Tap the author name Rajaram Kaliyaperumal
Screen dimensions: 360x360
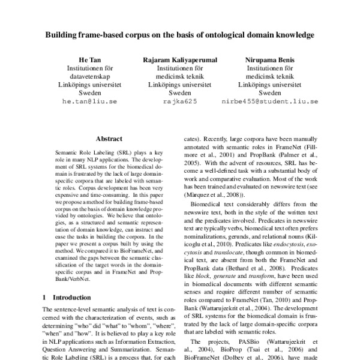[x=180, y=60]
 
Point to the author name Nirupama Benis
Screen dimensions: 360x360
[x=269, y=60]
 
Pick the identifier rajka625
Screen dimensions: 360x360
[x=180, y=102]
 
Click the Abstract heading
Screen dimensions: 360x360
[x=109, y=138]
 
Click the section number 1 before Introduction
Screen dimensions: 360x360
[x=46, y=297]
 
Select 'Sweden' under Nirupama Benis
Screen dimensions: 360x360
[x=269, y=94]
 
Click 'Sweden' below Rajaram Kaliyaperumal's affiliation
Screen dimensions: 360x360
[x=180, y=94]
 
